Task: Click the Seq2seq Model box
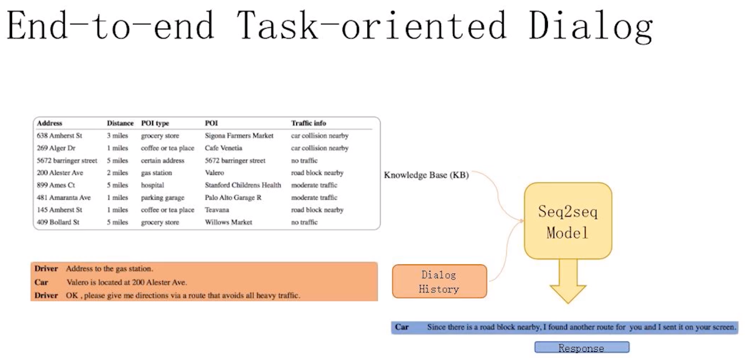[568, 221]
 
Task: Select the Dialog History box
[439, 281]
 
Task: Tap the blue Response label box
[582, 347]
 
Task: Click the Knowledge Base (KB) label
[426, 175]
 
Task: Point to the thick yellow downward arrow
[568, 281]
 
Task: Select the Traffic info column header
[308, 123]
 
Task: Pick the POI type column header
[155, 123]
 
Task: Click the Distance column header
[120, 123]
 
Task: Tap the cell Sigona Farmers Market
[239, 135]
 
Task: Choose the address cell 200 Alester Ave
[60, 173]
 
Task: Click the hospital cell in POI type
[152, 185]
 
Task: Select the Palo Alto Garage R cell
[233, 198]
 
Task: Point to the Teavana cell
[217, 210]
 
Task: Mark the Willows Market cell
[228, 222]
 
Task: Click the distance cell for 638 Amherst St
[117, 135]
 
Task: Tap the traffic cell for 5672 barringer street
[304, 160]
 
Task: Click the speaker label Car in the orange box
[41, 282]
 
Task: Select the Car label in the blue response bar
[402, 327]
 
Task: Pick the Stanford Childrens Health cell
[243, 185]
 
